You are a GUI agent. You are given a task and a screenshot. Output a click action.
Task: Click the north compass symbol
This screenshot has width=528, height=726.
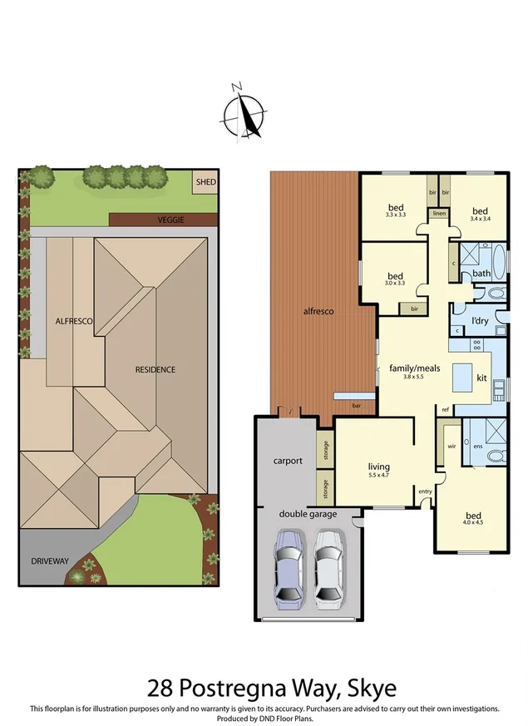(244, 112)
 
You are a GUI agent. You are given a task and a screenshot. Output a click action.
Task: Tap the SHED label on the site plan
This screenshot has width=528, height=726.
(204, 182)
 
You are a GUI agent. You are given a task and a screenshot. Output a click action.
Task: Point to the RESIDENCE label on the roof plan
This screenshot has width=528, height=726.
(156, 369)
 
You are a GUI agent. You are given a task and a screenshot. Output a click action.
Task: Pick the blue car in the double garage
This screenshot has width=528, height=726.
(289, 567)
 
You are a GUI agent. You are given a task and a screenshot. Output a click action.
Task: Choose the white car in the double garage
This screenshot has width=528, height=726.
(328, 567)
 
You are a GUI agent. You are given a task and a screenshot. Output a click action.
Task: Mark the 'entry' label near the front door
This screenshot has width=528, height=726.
(425, 491)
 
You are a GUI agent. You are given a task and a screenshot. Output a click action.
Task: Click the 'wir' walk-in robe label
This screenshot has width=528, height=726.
(452, 446)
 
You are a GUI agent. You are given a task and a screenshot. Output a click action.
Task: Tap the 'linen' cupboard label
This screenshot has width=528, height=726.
(438, 215)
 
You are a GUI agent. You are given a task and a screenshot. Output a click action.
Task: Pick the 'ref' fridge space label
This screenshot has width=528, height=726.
(446, 409)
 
